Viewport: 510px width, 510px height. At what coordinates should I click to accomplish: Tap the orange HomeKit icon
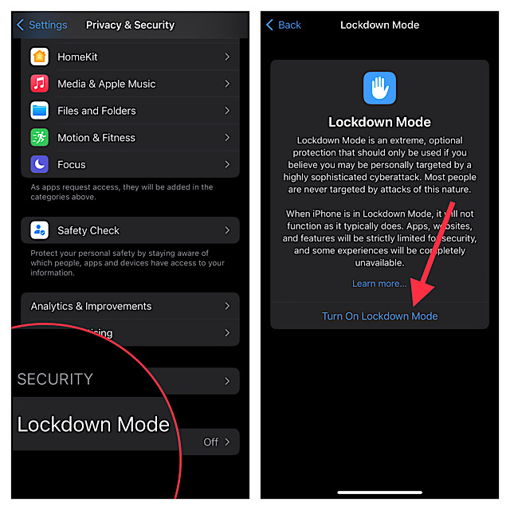point(39,57)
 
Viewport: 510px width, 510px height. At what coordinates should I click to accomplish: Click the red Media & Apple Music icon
point(39,84)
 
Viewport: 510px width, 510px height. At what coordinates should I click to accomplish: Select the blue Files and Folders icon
point(39,111)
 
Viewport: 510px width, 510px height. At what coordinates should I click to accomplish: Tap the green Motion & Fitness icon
point(39,138)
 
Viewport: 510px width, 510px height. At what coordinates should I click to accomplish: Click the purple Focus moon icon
point(39,165)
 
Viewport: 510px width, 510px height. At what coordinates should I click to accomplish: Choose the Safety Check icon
point(39,230)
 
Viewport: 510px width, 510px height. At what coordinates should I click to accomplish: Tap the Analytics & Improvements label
point(91,306)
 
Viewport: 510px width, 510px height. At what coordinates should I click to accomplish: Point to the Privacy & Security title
point(130,25)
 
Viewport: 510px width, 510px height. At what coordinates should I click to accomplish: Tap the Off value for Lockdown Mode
point(210,441)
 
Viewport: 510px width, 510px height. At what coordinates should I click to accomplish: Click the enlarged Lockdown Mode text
point(93,424)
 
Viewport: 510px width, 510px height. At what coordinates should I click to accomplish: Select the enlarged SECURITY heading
point(55,379)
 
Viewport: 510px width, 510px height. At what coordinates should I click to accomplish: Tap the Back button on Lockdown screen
point(284,25)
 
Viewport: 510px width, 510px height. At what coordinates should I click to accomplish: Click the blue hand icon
point(379,88)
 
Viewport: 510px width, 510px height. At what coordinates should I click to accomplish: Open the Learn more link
point(379,284)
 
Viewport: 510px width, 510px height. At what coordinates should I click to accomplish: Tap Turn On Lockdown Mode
point(379,316)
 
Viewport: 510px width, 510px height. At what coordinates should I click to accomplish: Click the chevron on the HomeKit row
point(227,57)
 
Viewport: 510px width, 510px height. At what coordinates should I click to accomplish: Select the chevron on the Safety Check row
point(227,230)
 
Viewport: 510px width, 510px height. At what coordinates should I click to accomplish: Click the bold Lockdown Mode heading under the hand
point(379,122)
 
